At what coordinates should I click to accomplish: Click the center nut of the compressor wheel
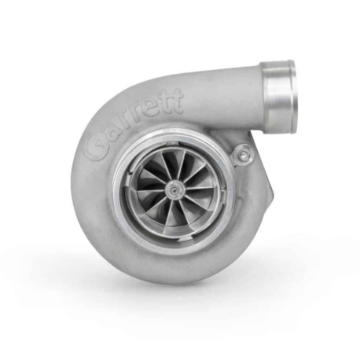coord(171,187)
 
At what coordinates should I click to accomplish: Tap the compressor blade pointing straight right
coord(200,187)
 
